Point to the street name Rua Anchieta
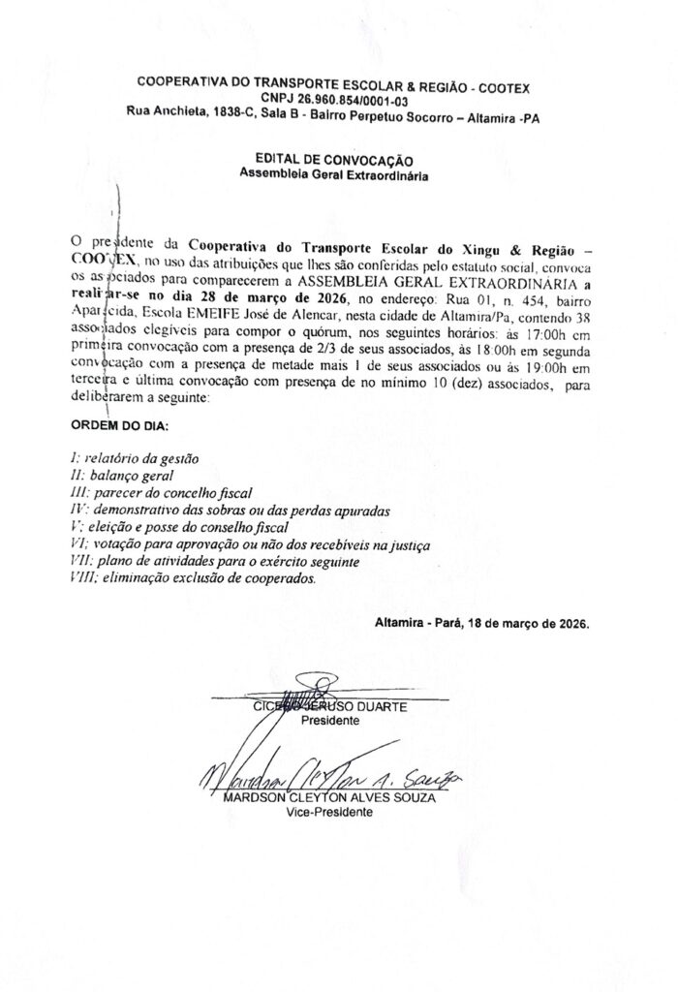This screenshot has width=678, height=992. (163, 113)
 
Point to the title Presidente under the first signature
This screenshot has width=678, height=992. (329, 722)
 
